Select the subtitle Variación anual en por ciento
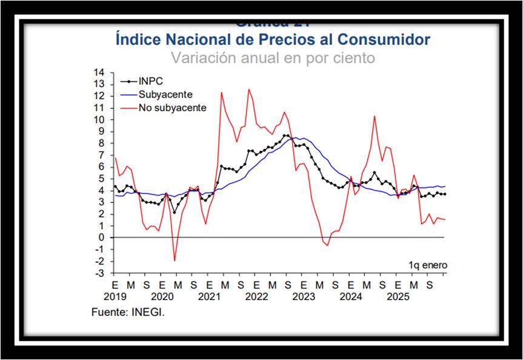tap(273, 58)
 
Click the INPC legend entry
tap(150, 81)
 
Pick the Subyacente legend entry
tap(165, 95)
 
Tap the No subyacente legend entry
tap(172, 108)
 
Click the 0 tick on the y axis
tap(102, 238)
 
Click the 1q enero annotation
tap(428, 265)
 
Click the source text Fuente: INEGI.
tap(128, 313)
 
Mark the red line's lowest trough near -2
tap(175, 261)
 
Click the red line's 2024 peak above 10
tap(375, 116)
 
